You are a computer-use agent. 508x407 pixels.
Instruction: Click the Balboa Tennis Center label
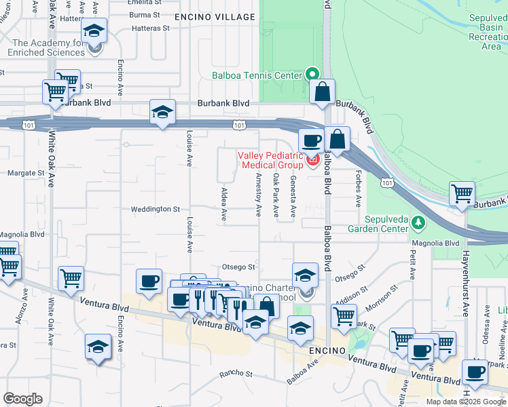tap(257, 75)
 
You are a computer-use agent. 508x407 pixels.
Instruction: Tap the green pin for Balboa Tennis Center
tap(312, 75)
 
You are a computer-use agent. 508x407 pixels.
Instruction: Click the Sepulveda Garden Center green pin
tap(418, 222)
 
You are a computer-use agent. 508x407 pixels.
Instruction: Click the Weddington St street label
tap(156, 209)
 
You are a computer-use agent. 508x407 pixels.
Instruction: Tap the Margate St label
tap(25, 173)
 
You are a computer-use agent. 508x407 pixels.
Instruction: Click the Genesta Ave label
tap(293, 196)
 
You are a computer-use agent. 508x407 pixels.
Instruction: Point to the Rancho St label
tap(236, 374)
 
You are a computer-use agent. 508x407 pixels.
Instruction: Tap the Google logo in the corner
tap(22, 399)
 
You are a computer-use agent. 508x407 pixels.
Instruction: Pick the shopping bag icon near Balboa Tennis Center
tap(322, 92)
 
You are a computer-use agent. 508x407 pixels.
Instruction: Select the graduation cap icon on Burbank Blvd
tap(162, 112)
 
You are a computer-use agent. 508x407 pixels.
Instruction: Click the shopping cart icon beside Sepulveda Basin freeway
tap(462, 193)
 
